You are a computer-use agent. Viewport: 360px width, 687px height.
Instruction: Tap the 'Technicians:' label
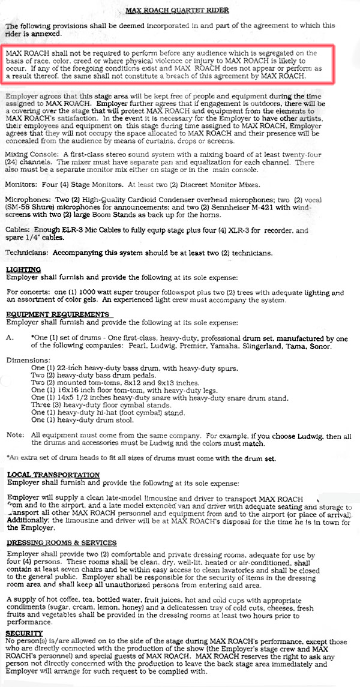click(27, 253)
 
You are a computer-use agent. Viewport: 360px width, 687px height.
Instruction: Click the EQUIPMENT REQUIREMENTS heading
click(57, 314)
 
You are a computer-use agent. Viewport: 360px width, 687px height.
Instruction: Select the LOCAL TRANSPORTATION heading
click(53, 475)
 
